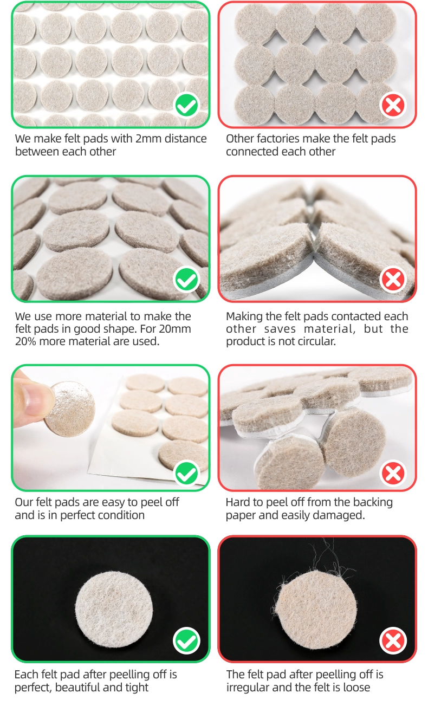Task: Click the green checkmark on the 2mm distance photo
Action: tap(186, 105)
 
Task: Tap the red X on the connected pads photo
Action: tap(393, 105)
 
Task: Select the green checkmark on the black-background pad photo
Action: tap(186, 640)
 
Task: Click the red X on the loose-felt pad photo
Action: tap(393, 640)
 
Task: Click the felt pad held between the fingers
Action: tap(69, 409)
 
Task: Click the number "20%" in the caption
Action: tap(25, 341)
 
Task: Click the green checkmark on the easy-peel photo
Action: tap(186, 474)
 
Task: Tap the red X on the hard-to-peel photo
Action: tap(393, 474)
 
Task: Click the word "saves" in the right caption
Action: tap(280, 329)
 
